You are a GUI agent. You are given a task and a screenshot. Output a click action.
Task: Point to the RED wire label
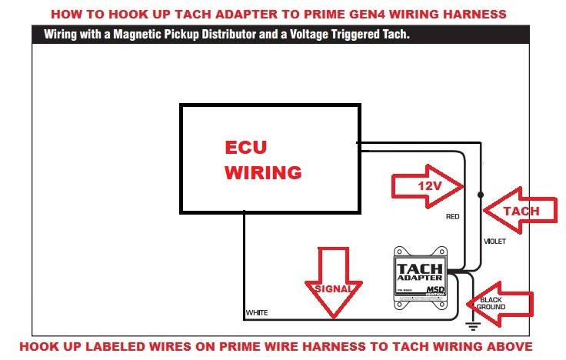(453, 217)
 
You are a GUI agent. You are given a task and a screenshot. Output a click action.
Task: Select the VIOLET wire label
(494, 241)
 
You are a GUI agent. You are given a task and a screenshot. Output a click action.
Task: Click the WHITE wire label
(256, 313)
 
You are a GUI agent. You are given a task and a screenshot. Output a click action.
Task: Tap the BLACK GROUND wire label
(491, 303)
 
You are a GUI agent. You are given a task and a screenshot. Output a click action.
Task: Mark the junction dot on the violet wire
(481, 194)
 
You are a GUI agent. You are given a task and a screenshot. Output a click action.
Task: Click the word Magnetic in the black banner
(126, 35)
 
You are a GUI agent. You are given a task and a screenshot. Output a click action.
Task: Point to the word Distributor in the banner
(216, 35)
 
